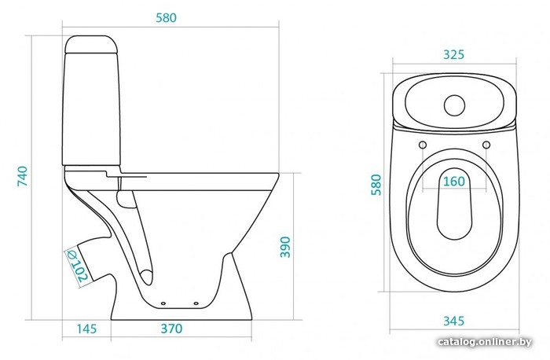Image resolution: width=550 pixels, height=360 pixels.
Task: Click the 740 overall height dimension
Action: click(23, 176)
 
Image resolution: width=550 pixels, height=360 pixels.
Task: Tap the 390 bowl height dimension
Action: click(285, 247)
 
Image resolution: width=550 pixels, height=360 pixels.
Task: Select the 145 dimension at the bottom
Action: click(86, 329)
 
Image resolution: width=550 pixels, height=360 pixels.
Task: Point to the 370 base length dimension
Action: click(171, 329)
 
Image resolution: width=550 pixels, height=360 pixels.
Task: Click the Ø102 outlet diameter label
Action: click(77, 266)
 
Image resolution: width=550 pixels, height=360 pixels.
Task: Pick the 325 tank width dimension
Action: click(453, 55)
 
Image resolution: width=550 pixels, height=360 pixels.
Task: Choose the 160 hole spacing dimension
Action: click(454, 182)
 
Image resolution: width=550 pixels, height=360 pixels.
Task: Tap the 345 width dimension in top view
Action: click(454, 321)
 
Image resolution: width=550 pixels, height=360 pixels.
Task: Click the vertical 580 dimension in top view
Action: click(376, 184)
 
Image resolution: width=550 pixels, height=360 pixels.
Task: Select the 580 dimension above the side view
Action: click(167, 17)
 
